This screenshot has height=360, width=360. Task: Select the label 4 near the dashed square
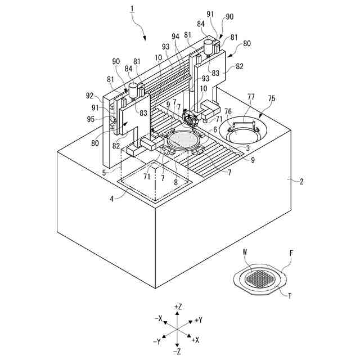[x=112, y=198]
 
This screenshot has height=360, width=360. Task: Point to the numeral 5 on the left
[x=105, y=173]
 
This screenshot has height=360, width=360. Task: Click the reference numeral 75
[x=272, y=98]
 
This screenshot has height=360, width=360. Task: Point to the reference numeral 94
[x=175, y=36]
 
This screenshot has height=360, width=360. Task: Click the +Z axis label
[x=178, y=307]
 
